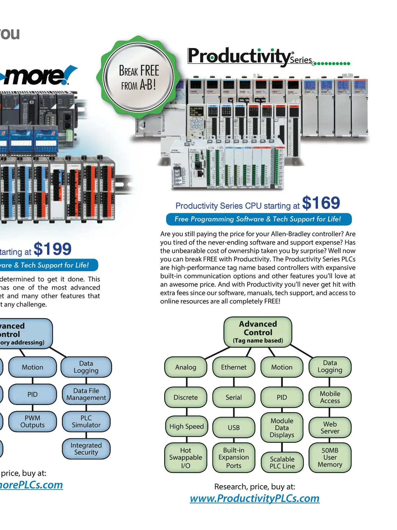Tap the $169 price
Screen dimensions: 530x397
[321, 203]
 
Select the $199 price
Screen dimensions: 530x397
[52, 249]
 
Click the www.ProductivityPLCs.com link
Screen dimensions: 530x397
[254, 498]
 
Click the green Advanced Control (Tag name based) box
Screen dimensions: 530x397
[258, 332]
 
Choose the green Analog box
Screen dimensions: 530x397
[186, 367]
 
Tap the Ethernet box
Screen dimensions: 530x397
[234, 367]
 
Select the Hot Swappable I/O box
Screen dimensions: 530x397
[186, 458]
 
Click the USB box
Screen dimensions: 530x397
[234, 428]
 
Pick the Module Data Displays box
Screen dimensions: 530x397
[282, 428]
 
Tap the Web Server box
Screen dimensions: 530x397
[330, 428]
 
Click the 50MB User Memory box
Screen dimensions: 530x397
[330, 457]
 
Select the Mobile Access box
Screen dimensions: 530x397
[330, 397]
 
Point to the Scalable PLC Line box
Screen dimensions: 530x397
[282, 462]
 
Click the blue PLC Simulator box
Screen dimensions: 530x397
[86, 421]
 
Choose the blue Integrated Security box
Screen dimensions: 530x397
[86, 449]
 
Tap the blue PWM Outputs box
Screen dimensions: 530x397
[32, 421]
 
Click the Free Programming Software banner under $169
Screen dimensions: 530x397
[258, 219]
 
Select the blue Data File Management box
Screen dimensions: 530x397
[86, 394]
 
